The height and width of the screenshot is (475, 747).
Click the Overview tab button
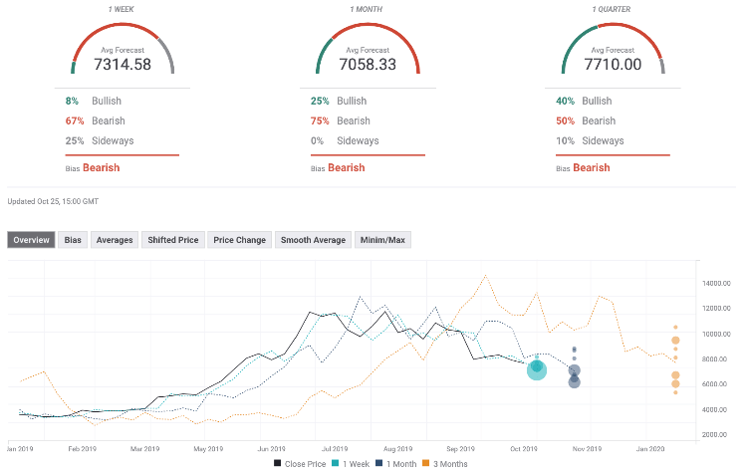click(31, 240)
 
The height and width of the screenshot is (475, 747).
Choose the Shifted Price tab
click(173, 240)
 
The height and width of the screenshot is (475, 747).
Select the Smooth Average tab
click(312, 240)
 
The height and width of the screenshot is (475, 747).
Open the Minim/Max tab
click(382, 240)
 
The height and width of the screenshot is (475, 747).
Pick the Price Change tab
click(239, 240)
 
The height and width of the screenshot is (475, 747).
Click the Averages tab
click(114, 240)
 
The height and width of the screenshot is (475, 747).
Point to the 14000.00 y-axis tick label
click(717, 283)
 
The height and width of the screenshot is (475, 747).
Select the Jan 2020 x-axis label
click(651, 449)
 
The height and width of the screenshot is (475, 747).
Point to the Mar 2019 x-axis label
click(144, 449)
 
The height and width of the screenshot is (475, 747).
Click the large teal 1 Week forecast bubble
click(537, 370)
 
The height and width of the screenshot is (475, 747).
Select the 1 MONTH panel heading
click(368, 9)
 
